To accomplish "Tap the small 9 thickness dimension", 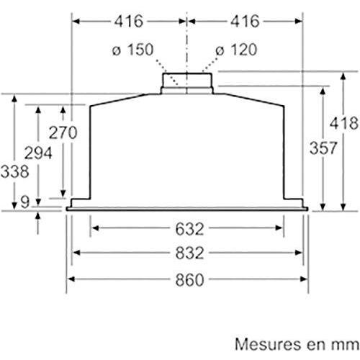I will click(x=24, y=204).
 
